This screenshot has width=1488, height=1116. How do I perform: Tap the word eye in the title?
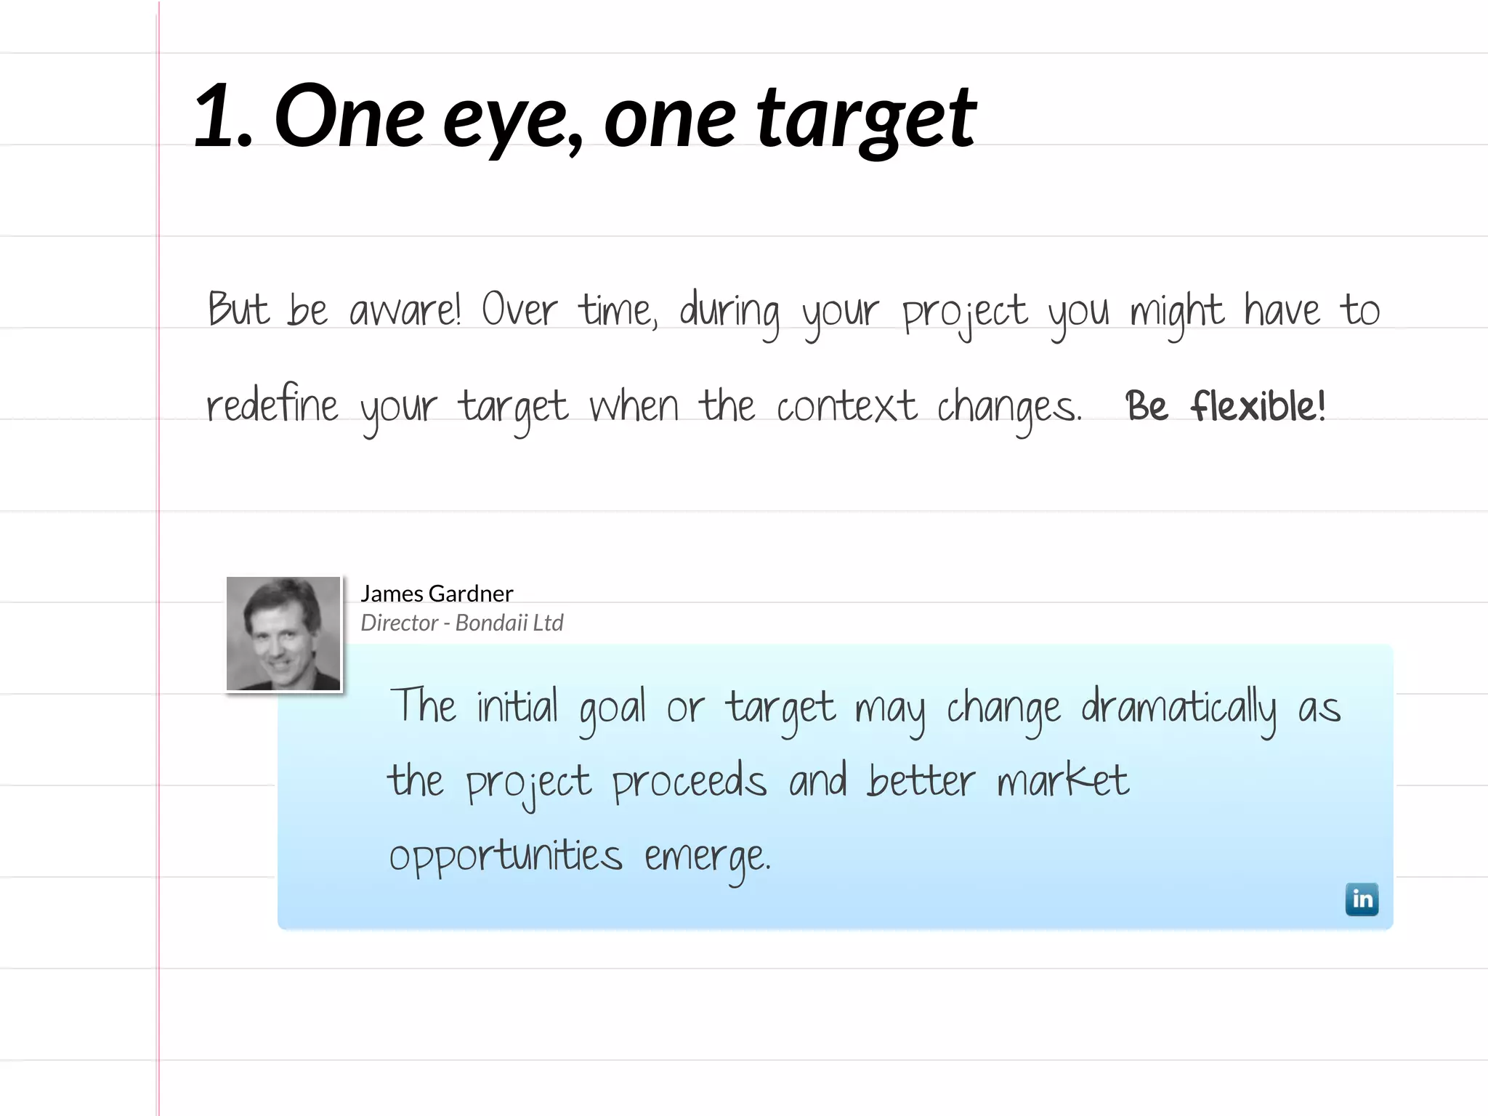pos(512,120)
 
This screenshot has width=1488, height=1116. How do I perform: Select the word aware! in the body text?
pos(405,311)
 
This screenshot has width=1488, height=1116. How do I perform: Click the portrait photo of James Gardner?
pos(283,634)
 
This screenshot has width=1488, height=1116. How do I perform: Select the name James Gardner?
pos(437,594)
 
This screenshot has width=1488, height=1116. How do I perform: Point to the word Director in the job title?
pos(400,623)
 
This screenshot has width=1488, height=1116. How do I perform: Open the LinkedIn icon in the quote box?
pos(1362,899)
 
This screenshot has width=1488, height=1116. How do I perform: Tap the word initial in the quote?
pos(517,706)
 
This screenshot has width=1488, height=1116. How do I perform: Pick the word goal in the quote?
pos(612,709)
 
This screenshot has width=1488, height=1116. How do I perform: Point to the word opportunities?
pos(506,857)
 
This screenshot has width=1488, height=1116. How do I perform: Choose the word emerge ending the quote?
pos(707,859)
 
